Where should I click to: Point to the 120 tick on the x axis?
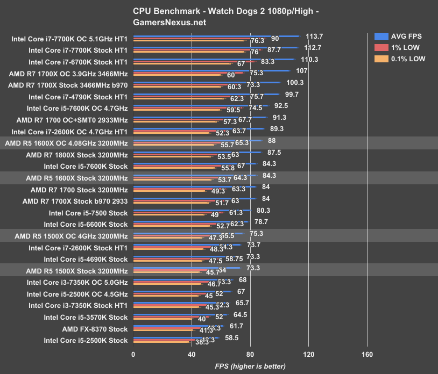click(308, 354)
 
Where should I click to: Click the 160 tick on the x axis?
click(367, 354)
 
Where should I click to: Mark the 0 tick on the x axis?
click(133, 354)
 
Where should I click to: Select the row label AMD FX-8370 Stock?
click(95, 329)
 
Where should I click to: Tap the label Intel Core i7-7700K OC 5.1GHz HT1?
click(69, 39)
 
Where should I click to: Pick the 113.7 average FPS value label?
click(314, 36)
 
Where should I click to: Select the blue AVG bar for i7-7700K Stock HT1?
click(215, 48)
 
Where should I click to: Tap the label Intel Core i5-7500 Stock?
click(88, 213)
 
